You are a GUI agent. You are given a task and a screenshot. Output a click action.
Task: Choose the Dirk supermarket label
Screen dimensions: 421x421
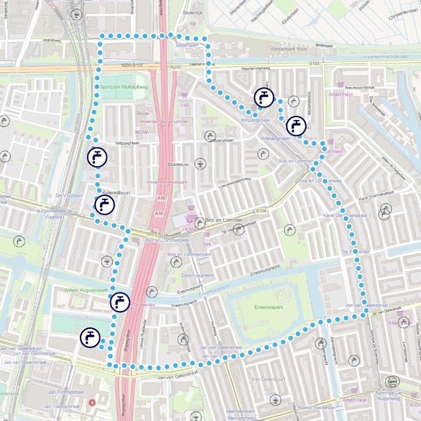tap(207, 244)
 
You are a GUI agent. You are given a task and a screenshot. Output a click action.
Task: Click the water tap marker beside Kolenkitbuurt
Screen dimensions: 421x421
tap(104, 205)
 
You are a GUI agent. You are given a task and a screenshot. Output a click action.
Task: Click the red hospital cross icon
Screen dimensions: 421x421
tap(92, 403)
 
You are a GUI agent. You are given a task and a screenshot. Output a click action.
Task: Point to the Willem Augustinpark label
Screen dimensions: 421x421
tap(86, 290)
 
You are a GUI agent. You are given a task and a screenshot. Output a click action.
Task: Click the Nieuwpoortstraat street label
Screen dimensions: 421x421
tap(359, 87)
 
